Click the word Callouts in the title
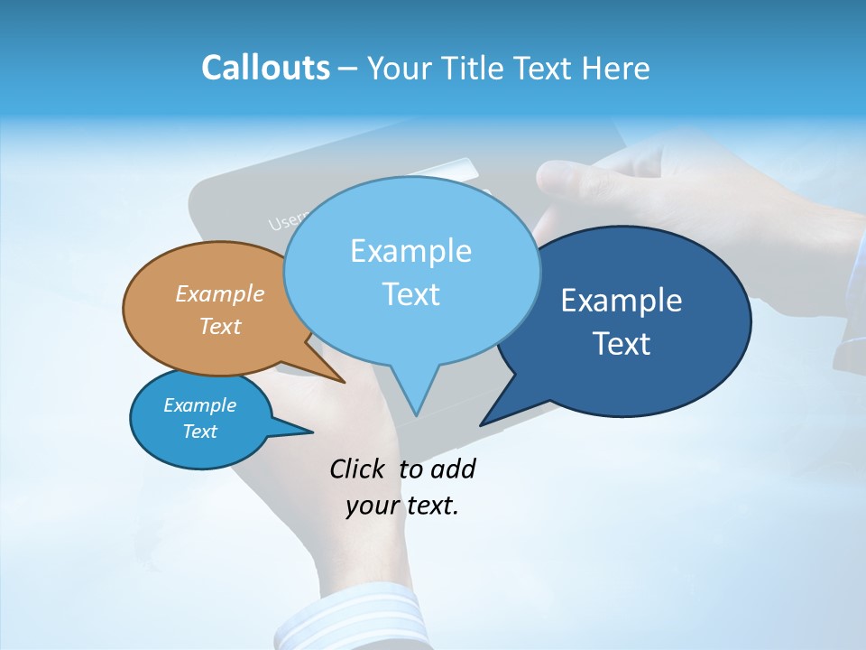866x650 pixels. [265, 68]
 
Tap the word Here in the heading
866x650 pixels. [617, 68]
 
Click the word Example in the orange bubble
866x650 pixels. [220, 293]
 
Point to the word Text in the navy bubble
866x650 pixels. [622, 343]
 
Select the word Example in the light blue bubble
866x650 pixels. [411, 250]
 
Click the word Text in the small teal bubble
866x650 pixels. [199, 432]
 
